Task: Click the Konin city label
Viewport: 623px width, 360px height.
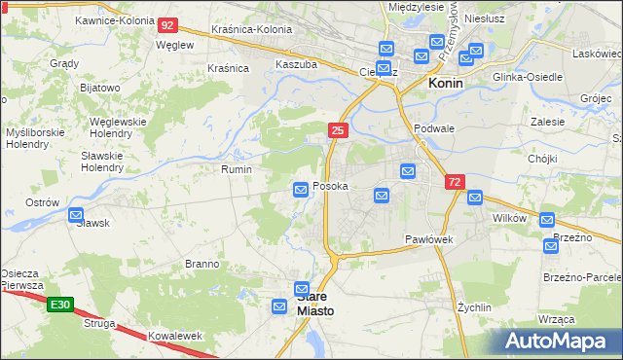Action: (446, 84)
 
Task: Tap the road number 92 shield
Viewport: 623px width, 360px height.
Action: (167, 25)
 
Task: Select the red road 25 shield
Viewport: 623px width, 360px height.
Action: (338, 129)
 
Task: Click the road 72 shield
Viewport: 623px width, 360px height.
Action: (455, 182)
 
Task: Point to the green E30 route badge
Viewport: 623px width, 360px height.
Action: (60, 306)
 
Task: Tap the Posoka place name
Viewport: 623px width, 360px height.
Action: (330, 186)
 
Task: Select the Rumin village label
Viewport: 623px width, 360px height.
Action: (237, 169)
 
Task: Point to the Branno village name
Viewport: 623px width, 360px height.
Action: (202, 264)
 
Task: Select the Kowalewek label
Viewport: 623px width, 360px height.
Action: (175, 336)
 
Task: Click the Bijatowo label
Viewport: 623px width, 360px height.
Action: (99, 88)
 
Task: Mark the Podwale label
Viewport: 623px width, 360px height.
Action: (434, 127)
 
